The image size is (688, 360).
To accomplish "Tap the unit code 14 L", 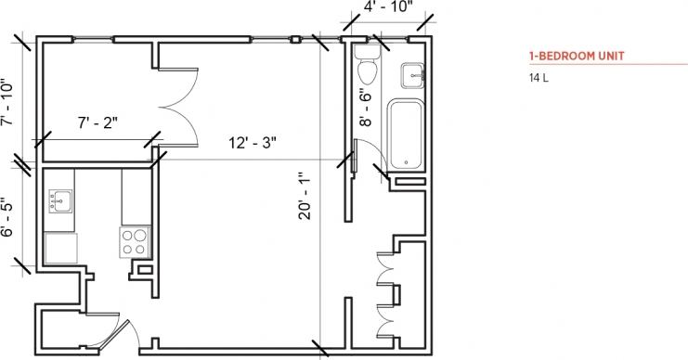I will coord(539,77).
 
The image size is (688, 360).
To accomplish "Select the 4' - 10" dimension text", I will coord(387,7).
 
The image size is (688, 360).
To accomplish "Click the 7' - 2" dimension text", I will coord(97,121).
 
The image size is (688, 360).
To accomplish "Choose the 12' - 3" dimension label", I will coord(253,143).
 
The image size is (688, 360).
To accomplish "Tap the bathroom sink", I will coord(410,71).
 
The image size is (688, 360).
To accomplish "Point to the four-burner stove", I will coord(135,241).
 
